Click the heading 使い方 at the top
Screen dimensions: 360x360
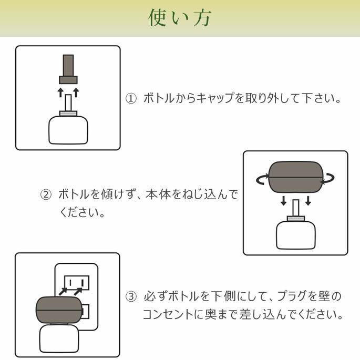pos(180,18)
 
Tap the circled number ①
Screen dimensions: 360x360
pos(131,98)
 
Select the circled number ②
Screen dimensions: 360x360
pos(46,194)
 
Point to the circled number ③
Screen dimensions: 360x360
pos(131,296)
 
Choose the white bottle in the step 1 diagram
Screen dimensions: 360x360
pos(68,129)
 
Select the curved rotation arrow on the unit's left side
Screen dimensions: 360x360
pos(261,179)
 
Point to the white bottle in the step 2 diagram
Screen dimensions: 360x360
pos(295,234)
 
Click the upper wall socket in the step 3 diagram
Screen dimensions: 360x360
pos(77,282)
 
